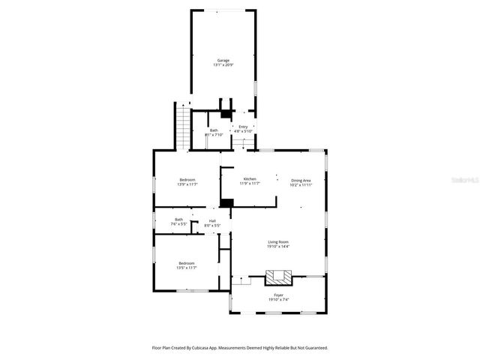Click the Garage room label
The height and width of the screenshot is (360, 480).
pos(223,60)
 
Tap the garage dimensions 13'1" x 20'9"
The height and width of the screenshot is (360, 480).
pos(223,65)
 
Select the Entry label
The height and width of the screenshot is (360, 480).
pos(243,127)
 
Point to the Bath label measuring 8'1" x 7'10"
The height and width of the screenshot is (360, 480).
pos(214,130)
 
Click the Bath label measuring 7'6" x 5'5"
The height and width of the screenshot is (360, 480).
pos(178,220)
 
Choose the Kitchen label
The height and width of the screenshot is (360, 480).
pos(250,178)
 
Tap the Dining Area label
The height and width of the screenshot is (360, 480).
pos(301,179)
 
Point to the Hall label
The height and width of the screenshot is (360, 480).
pos(212,220)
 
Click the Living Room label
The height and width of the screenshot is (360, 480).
pos(279,241)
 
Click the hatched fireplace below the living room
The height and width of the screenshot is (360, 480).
pos(279,277)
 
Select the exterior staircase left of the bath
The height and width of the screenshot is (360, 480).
pos(180,125)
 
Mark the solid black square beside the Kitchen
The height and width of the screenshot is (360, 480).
pos(226,202)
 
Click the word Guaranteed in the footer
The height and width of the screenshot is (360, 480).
pos(312,348)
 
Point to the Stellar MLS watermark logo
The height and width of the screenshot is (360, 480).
pos(465,180)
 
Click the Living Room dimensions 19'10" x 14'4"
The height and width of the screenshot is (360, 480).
pos(279,247)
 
